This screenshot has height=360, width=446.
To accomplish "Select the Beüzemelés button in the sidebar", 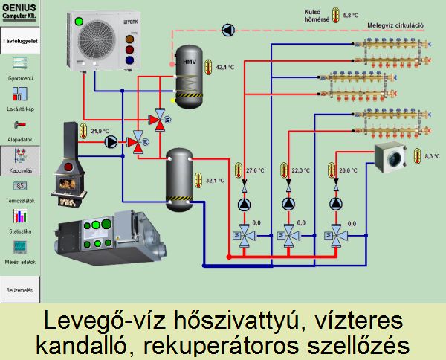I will pyautogui.click(x=20, y=289).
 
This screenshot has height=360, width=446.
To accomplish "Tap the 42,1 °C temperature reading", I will pyautogui.click(x=224, y=68).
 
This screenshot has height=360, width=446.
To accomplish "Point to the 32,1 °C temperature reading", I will pyautogui.click(x=215, y=181).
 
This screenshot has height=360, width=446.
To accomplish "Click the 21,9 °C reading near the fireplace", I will pyautogui.click(x=100, y=131).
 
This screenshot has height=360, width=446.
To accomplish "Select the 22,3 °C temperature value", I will pyautogui.click(x=300, y=170).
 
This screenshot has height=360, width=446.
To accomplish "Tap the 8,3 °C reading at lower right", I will pyautogui.click(x=433, y=157).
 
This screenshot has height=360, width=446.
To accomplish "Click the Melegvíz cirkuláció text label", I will pyautogui.click(x=395, y=25).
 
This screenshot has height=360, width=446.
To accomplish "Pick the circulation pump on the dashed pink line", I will pyautogui.click(x=227, y=30).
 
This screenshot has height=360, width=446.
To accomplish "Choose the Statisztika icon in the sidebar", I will pyautogui.click(x=20, y=216).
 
